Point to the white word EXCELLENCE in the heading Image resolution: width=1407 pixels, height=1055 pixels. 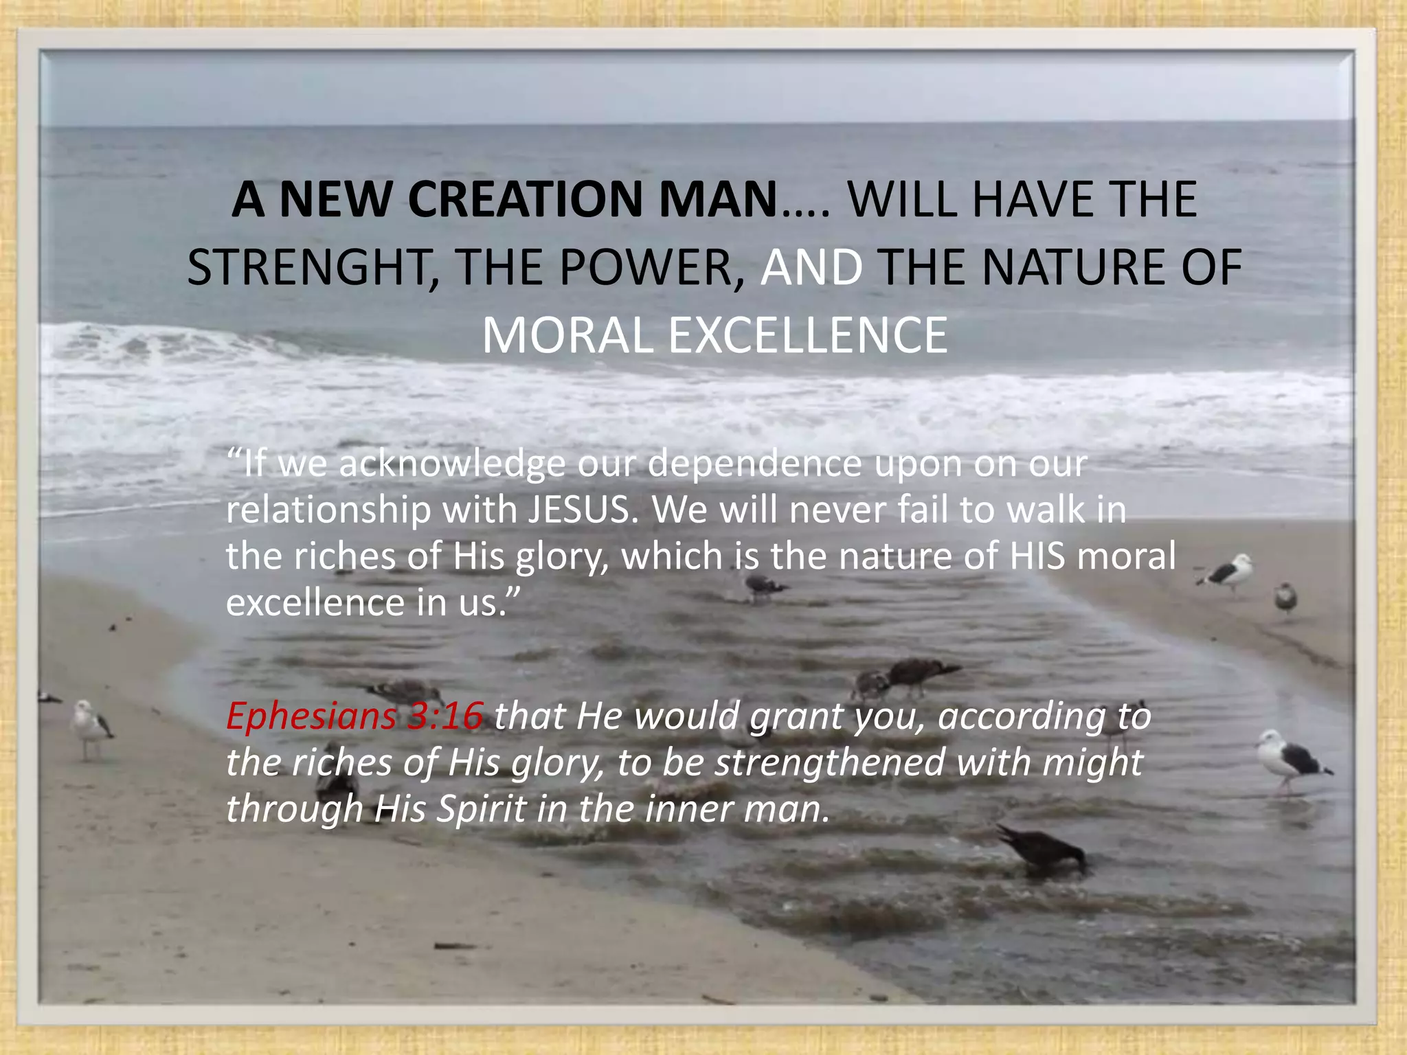pos(807,336)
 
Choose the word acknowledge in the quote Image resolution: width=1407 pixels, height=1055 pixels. pos(452,464)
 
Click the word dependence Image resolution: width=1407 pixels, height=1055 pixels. pos(754,464)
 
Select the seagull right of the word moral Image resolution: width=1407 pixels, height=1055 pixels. pos(1228,571)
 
